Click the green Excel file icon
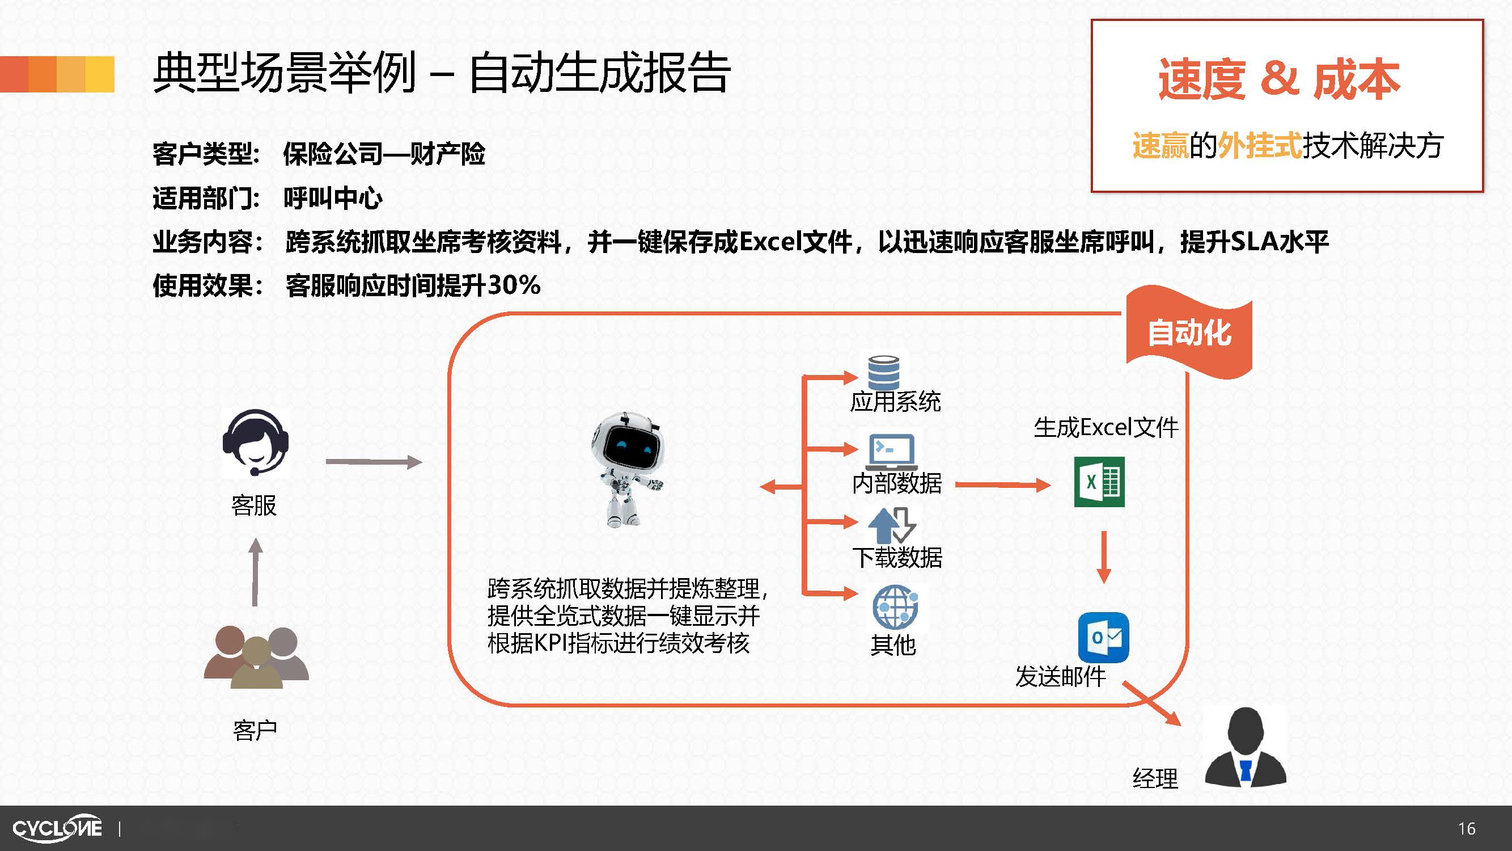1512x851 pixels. (x=1099, y=482)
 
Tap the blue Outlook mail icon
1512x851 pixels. (x=1103, y=637)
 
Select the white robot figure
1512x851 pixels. (x=627, y=469)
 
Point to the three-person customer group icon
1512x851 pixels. (x=256, y=656)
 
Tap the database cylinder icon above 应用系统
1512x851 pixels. (x=883, y=372)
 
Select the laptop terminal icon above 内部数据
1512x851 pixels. (x=892, y=452)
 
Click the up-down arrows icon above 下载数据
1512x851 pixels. (x=892, y=525)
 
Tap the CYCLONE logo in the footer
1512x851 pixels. (x=57, y=828)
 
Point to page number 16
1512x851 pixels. (x=1466, y=829)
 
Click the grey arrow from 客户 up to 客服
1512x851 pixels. (x=255, y=572)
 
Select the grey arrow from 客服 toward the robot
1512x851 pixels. (x=374, y=462)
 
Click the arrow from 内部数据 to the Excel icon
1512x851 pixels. (x=1002, y=485)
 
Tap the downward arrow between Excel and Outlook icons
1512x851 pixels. (x=1103, y=557)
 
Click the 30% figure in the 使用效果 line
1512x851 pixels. (x=514, y=285)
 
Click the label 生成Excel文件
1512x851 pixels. (x=1106, y=427)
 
